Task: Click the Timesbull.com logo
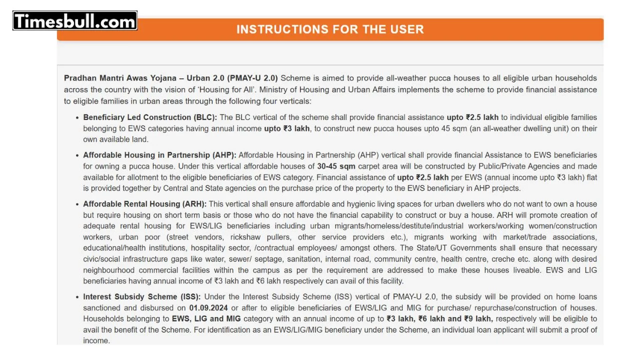coord(75,21)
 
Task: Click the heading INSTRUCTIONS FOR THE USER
coord(330,29)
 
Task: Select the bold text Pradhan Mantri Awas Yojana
coord(120,78)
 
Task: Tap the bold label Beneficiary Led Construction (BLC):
coord(150,117)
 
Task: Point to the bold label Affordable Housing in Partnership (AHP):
coord(159,155)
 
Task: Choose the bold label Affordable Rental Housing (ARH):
coord(145,204)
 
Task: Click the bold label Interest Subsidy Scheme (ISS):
coord(142,297)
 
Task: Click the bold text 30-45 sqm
coord(336,166)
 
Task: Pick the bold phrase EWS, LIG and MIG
coord(206,319)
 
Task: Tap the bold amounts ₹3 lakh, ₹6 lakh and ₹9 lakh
coord(439,319)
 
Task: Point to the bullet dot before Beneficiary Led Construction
coord(77,118)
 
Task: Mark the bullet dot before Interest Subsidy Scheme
coord(77,297)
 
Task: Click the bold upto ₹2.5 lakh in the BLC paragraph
coord(472,117)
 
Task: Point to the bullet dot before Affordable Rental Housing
coord(77,204)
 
